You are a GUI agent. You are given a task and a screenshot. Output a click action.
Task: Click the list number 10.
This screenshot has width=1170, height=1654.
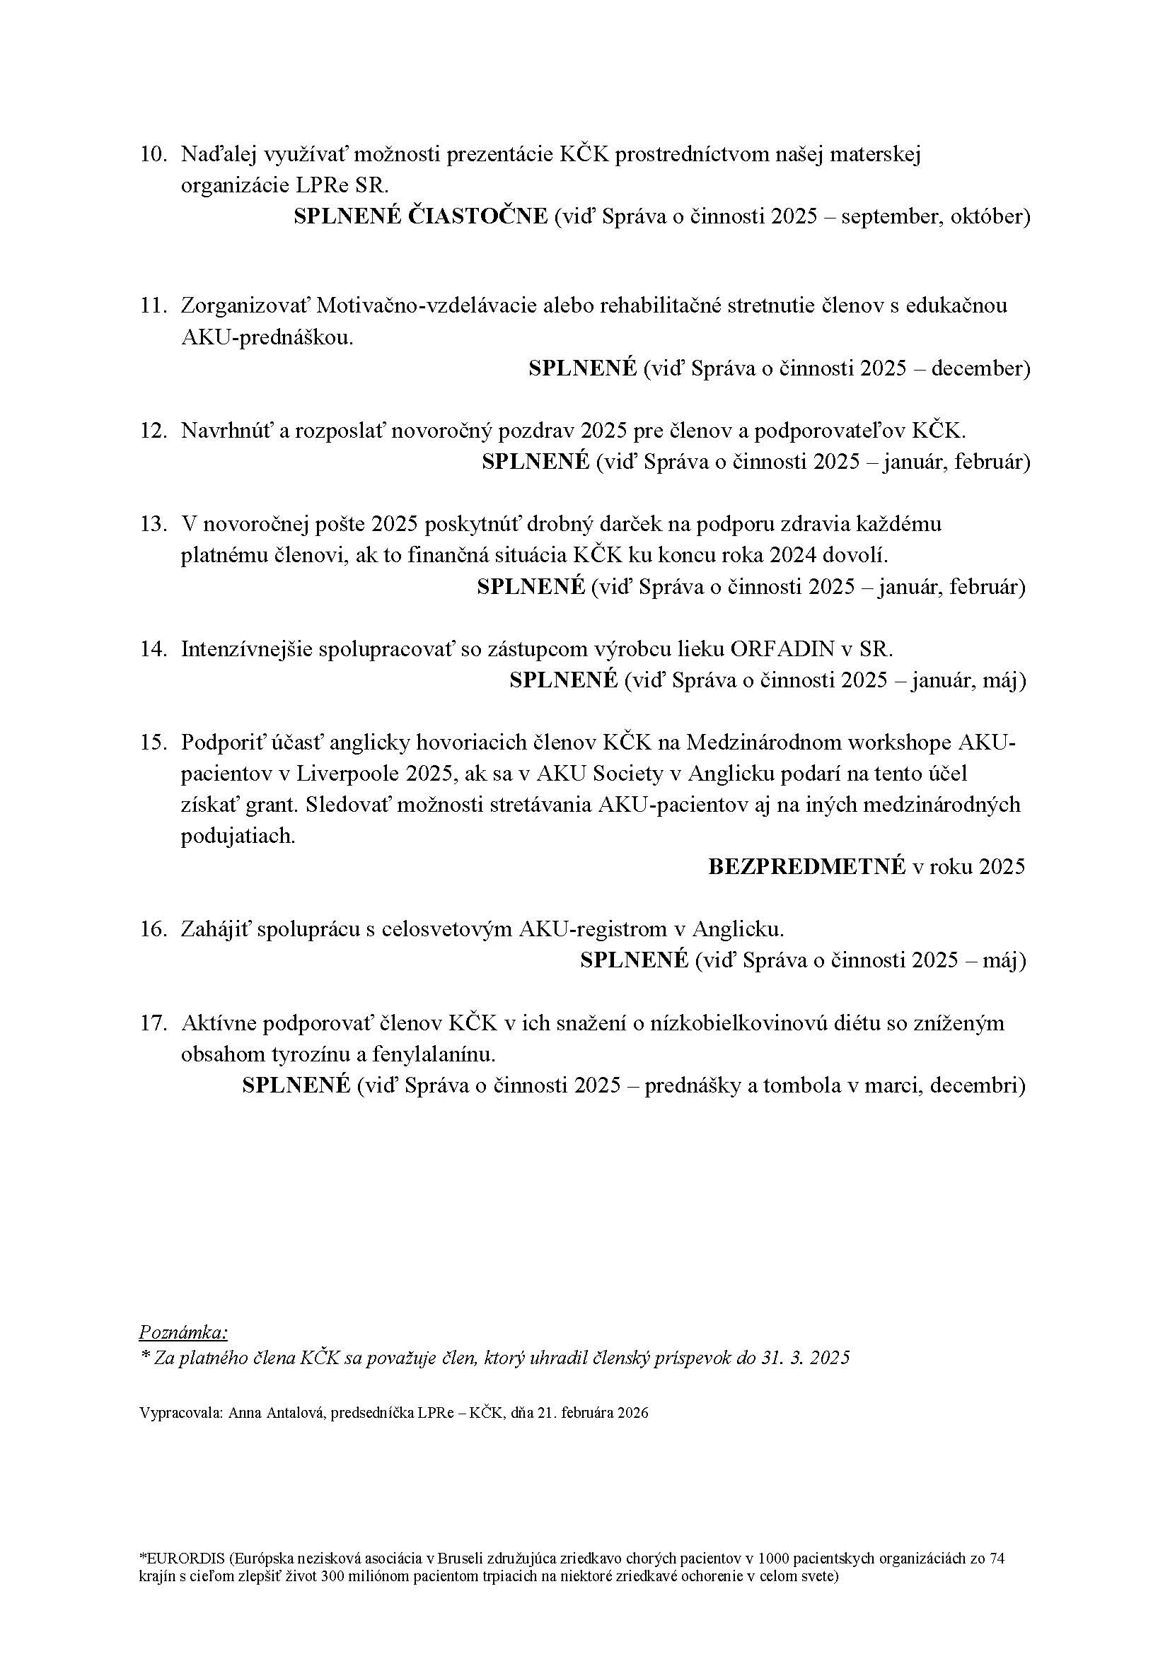153,155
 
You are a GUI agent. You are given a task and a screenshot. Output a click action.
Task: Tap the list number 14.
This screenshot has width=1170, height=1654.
153,649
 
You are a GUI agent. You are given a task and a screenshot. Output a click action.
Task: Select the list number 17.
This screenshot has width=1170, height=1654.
153,1023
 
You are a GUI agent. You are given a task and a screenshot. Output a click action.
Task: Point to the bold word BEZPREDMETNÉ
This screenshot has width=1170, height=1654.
807,866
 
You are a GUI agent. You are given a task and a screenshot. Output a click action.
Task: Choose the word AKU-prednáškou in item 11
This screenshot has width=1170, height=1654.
267,337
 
